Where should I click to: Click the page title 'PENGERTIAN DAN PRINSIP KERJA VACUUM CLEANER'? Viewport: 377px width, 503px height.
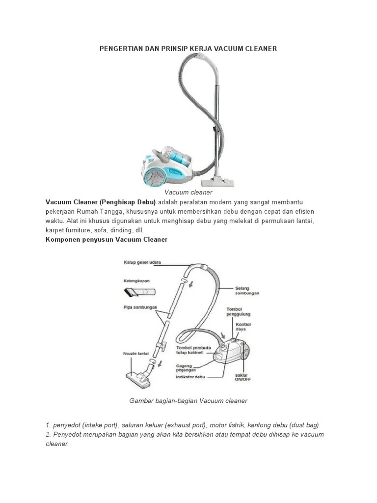click(x=188, y=49)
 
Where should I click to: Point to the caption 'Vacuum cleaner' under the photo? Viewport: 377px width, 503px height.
click(x=188, y=193)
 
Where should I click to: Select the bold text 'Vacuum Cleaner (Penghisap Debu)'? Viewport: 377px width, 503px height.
click(x=101, y=202)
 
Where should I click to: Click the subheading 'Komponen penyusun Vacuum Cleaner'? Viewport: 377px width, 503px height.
click(x=107, y=240)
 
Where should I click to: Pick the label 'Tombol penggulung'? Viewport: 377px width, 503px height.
click(x=238, y=312)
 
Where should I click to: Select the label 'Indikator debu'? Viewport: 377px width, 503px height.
click(x=191, y=377)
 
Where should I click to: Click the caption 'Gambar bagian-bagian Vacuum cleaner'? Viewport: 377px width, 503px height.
click(x=188, y=401)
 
